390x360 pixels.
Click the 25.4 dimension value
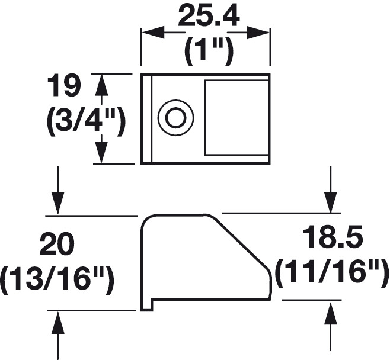(x=209, y=17)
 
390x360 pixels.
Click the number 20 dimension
(x=57, y=245)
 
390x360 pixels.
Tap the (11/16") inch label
(x=333, y=274)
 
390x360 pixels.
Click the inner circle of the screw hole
(x=176, y=117)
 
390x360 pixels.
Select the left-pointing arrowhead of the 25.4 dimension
(x=154, y=33)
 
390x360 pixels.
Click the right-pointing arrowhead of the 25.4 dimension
(x=258, y=33)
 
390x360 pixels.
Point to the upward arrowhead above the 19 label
(x=101, y=85)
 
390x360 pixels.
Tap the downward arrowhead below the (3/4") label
(x=101, y=152)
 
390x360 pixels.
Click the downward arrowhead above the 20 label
(x=57, y=202)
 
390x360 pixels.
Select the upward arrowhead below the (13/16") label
(x=57, y=323)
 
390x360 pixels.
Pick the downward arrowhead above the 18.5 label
(x=331, y=202)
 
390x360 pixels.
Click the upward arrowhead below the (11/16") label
(x=331, y=314)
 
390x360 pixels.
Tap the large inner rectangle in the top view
(x=236, y=117)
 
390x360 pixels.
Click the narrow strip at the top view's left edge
(x=146, y=119)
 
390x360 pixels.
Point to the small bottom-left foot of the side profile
(x=147, y=305)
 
